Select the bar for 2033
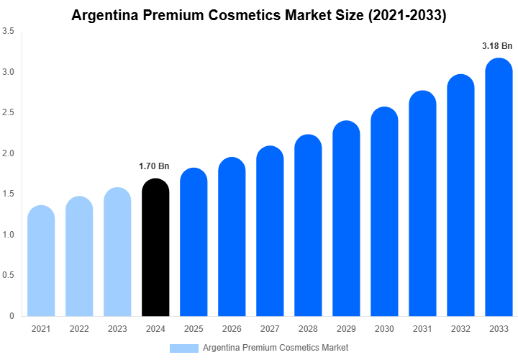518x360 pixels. (x=499, y=187)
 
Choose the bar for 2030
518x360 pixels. (x=384, y=212)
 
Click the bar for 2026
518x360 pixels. (x=232, y=237)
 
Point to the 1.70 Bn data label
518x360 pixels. (x=154, y=166)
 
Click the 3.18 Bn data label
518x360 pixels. (x=497, y=46)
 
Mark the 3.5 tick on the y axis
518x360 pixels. (x=11, y=32)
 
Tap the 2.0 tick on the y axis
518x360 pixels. (x=11, y=153)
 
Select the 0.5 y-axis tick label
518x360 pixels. (x=11, y=275)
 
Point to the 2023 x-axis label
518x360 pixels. (x=117, y=329)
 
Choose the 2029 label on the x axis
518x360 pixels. (x=346, y=329)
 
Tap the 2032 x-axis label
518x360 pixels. (x=460, y=329)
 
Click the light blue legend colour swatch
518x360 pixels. (x=183, y=348)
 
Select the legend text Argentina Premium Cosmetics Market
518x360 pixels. (x=276, y=348)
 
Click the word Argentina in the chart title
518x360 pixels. (x=107, y=15)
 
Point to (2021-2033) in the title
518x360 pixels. (x=406, y=15)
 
